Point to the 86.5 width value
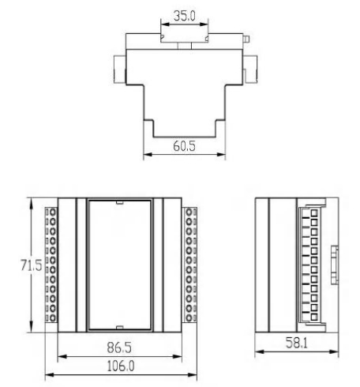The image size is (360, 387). [119, 346]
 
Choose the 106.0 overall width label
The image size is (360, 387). [119, 367]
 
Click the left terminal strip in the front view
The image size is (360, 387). [53, 265]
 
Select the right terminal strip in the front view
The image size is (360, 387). [189, 265]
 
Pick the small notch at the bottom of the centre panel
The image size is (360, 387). [120, 327]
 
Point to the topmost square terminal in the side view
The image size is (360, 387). [313, 215]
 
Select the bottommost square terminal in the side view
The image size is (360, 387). [313, 319]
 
